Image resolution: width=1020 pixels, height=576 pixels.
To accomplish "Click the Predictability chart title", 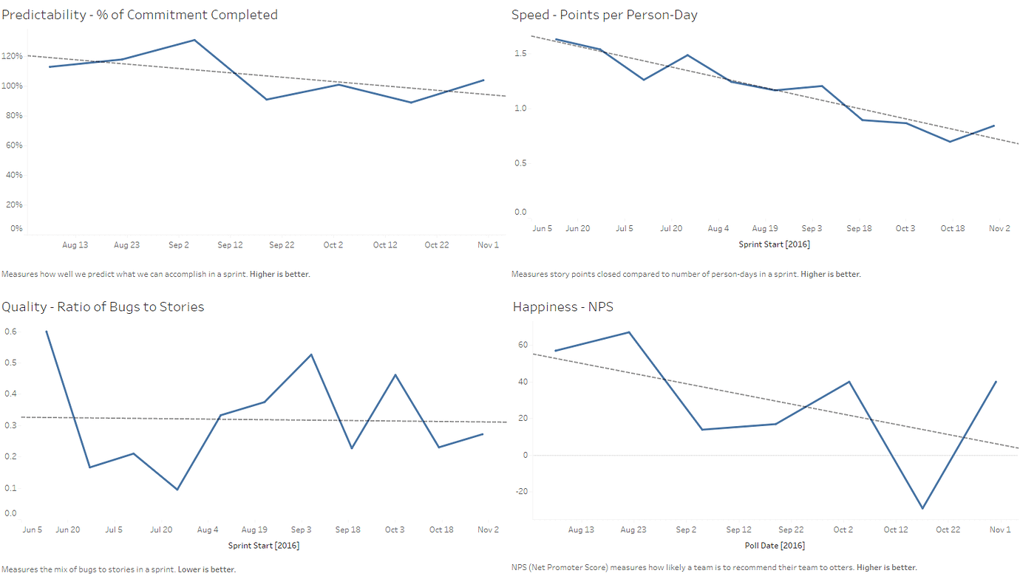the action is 140,15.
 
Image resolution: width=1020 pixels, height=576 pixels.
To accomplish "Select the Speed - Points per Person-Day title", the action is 605,15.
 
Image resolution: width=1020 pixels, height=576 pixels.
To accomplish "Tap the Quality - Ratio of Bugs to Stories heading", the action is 103,306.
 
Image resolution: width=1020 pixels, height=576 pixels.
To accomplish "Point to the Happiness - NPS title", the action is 562,306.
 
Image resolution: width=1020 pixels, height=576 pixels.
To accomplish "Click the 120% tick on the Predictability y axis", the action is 12,56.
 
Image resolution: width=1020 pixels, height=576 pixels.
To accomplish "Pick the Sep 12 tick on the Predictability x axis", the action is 230,244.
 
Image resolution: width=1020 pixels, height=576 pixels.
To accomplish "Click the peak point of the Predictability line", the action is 194,40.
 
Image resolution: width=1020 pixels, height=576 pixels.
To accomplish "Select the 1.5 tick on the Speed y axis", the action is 520,53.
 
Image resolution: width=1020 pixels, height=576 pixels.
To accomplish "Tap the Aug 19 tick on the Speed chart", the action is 765,228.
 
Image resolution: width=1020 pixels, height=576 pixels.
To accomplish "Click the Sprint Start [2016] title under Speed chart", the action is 774,244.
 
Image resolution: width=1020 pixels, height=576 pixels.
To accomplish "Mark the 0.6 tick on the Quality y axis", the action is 10,332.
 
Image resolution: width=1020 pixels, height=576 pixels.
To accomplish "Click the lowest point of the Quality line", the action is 177,490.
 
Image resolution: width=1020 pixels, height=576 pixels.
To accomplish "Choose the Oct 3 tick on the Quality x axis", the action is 395,529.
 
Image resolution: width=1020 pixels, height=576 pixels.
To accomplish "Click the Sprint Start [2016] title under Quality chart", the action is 264,546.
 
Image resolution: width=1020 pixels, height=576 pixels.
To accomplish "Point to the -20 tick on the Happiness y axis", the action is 522,491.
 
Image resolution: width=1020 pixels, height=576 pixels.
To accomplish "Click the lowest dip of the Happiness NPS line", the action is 922,508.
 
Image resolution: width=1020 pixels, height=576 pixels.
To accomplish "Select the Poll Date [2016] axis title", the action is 775,546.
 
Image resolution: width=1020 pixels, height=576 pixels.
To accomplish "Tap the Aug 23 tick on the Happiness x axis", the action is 633,529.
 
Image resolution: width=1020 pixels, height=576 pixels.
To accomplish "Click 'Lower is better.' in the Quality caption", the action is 207,569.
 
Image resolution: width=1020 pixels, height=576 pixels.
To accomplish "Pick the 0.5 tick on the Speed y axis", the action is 520,163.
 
